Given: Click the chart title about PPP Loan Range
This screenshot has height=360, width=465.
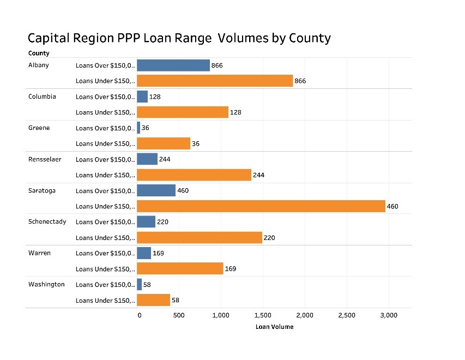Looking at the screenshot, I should (179, 38).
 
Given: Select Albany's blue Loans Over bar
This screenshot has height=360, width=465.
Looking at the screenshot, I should (173, 65).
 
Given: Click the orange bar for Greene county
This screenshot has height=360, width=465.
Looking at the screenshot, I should (164, 143).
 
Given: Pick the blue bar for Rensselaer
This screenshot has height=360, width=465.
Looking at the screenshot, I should (147, 159).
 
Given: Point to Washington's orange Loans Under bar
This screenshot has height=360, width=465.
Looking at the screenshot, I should (153, 300).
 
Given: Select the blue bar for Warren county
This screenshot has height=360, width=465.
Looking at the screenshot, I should (144, 253).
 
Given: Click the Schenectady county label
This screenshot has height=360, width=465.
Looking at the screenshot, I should (47, 221).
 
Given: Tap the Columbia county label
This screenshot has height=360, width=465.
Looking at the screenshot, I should (42, 97).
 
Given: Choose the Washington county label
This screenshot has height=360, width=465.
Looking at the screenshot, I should (46, 284).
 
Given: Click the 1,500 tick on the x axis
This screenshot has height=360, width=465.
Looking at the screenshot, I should (263, 315).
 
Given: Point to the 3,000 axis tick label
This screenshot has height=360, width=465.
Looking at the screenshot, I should (388, 315).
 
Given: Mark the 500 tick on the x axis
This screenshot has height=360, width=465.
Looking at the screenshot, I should (178, 315).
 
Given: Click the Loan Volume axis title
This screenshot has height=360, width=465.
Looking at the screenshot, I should (274, 327).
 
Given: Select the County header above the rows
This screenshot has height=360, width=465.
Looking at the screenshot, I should (39, 53).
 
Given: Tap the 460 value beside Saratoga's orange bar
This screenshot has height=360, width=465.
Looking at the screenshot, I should (393, 207).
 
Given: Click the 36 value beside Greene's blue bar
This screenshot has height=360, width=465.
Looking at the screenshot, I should (146, 128).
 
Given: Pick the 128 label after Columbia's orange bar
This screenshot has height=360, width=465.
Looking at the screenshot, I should (235, 112).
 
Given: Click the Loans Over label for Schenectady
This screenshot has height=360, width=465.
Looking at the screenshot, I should (105, 222).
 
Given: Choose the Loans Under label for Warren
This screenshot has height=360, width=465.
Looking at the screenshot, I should (105, 269).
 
